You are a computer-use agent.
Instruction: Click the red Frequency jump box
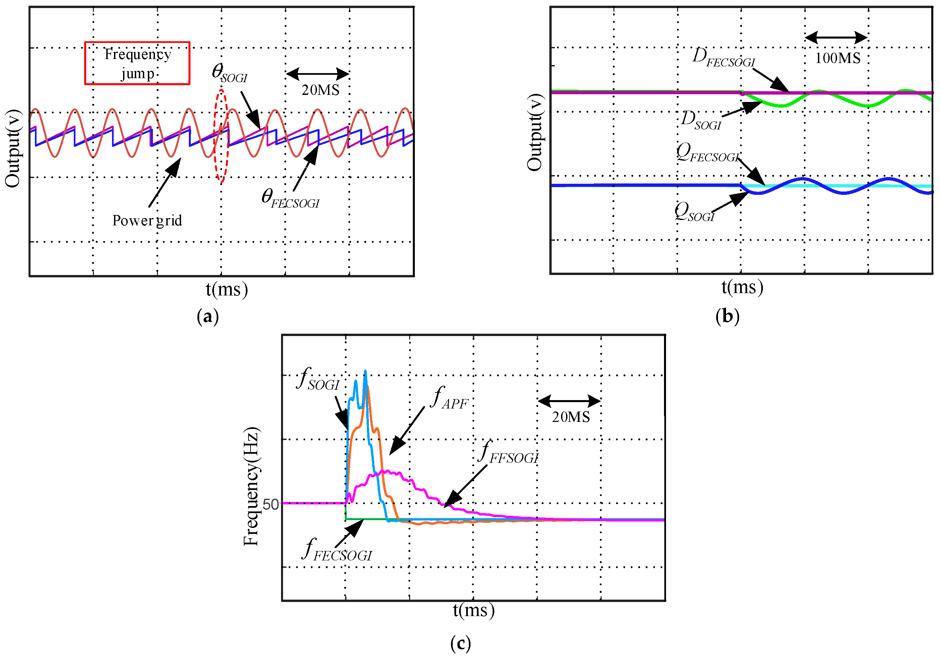click(137, 63)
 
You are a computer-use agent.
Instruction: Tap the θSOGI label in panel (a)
click(229, 73)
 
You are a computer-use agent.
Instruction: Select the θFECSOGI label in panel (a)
click(290, 199)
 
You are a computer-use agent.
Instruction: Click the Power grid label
click(147, 221)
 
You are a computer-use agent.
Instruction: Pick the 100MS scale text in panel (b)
click(838, 58)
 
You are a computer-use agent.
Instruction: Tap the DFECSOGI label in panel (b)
click(723, 57)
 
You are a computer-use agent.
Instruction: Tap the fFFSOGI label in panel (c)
click(508, 452)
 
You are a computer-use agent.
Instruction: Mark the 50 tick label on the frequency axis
click(271, 505)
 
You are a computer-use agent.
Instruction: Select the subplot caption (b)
click(727, 316)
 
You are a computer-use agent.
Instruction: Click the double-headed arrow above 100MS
click(836, 38)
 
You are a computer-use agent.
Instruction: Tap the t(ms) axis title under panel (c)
click(474, 610)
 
